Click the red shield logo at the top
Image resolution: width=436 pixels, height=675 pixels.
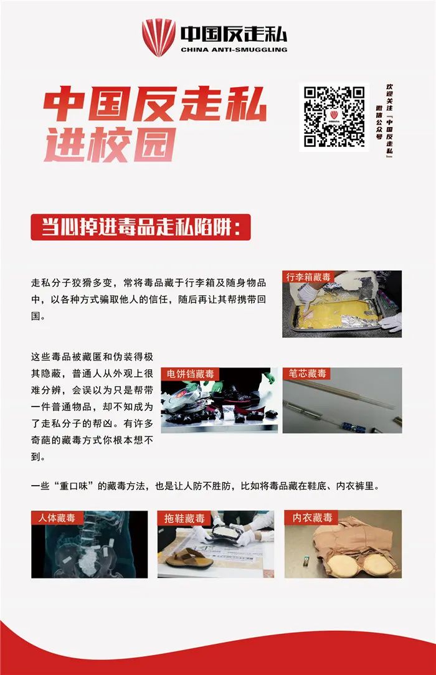pos(159,37)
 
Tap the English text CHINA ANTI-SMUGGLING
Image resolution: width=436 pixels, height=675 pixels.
pos(234,50)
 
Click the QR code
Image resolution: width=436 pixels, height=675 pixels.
pos(334,116)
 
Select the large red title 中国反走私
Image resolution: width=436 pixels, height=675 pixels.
pos(155,104)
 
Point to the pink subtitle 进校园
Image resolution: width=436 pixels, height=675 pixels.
pos(110,144)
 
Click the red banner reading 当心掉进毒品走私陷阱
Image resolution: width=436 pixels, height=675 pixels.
pos(141,227)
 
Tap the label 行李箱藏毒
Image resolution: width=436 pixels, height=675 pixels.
pos(308,276)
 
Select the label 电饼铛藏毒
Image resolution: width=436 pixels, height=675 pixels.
pos(190,374)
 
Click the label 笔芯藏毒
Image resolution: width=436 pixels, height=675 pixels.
pos(307,373)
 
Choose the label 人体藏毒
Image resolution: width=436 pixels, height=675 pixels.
pos(57,517)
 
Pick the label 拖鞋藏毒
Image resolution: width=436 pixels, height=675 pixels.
pos(184,518)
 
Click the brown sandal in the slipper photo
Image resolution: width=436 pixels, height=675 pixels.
pos(189,559)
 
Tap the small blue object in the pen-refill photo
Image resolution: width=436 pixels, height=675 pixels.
pos(354,427)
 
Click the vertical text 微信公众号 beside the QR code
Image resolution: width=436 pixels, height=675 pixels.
pos(379,122)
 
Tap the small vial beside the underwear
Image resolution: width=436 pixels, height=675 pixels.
pos(306,560)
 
